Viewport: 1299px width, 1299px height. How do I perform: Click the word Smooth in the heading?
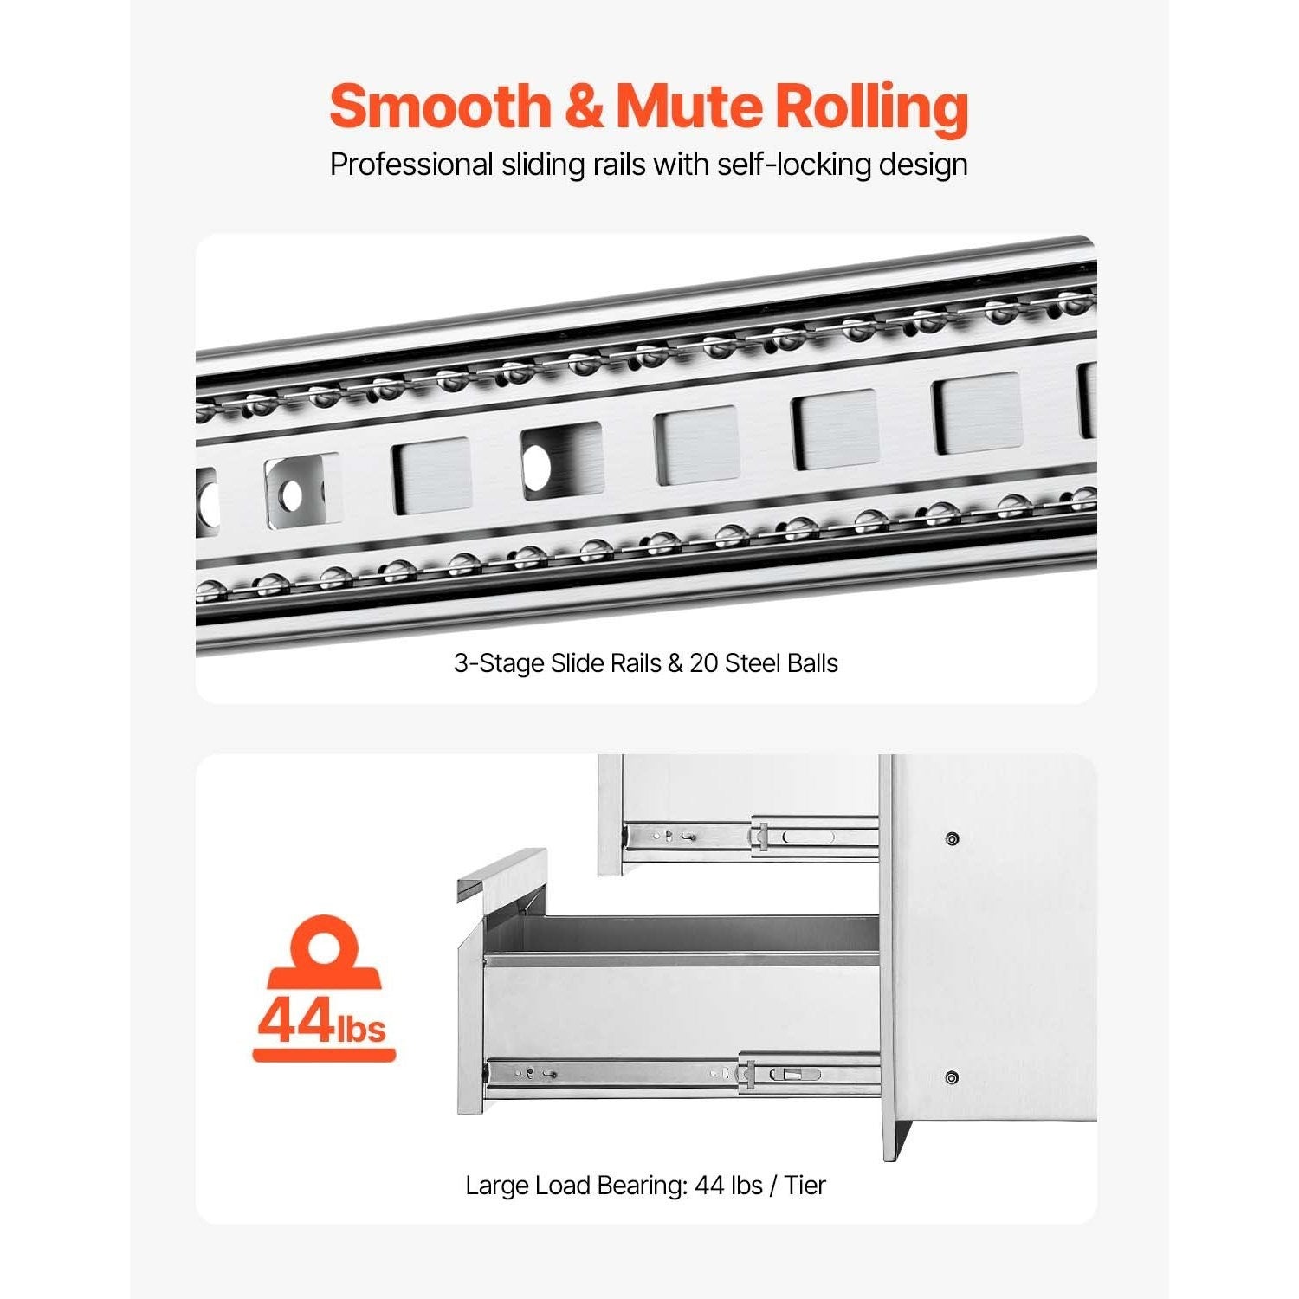(x=440, y=107)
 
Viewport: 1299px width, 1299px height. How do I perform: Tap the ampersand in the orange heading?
(x=585, y=107)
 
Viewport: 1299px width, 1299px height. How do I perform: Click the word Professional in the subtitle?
(x=411, y=165)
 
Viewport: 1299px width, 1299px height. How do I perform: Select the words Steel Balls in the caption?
(x=782, y=663)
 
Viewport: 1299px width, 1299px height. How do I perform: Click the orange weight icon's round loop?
(x=323, y=943)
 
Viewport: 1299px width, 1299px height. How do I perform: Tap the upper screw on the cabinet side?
(x=953, y=838)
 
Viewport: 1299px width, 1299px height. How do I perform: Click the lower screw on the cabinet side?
(x=952, y=1078)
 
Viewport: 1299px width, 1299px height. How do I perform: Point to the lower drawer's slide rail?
(x=682, y=1074)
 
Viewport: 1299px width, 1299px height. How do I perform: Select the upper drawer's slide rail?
(x=751, y=837)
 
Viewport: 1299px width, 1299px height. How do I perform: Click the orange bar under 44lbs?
(x=324, y=1055)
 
